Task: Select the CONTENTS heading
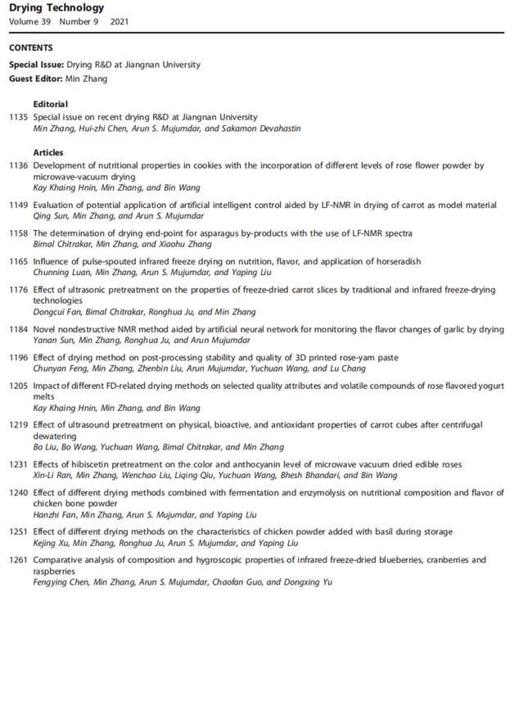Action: [31, 47]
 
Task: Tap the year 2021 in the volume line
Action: [120, 21]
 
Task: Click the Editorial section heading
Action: [51, 105]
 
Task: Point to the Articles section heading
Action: [48, 152]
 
